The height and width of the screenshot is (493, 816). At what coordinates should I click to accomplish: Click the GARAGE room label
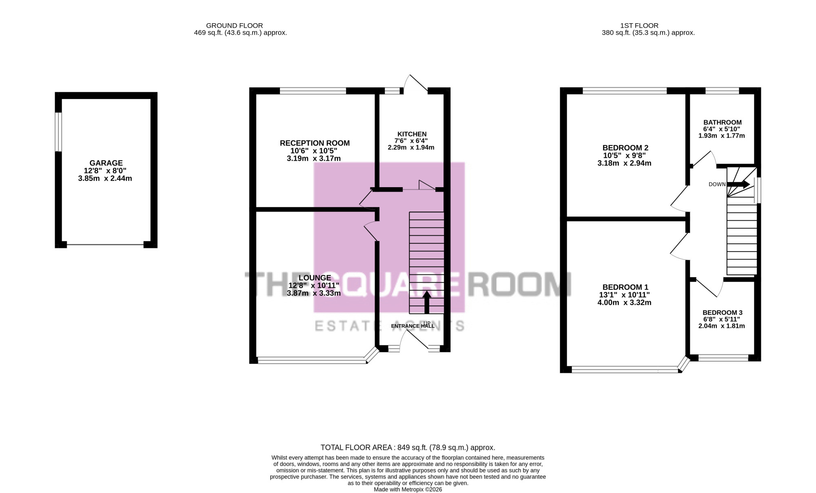(106, 163)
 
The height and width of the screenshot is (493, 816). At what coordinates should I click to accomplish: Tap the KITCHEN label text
(412, 134)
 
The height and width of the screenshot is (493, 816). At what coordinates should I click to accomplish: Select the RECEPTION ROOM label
(315, 143)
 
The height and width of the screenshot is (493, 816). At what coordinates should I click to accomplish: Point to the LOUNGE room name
(315, 278)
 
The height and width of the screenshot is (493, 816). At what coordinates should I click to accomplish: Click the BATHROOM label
(723, 122)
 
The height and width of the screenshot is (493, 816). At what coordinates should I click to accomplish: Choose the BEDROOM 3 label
(723, 313)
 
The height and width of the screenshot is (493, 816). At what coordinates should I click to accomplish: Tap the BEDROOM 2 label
(625, 148)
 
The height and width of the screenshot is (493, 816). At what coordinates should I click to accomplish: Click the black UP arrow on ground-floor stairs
(427, 303)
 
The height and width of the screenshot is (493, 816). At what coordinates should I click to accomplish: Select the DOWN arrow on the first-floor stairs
(738, 184)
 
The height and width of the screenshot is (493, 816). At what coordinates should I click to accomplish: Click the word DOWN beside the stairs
(717, 184)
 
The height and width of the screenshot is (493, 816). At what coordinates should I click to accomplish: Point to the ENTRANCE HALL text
(413, 326)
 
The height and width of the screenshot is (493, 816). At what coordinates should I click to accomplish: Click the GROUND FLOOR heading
(235, 26)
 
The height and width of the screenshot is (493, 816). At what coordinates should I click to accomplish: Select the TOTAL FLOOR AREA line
(408, 447)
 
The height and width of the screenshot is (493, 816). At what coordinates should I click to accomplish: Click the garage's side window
(59, 132)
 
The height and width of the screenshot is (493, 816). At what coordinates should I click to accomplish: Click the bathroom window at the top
(722, 91)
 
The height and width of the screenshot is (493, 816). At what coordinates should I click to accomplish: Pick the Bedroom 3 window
(723, 358)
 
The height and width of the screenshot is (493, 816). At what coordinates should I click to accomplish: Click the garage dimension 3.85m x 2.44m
(105, 179)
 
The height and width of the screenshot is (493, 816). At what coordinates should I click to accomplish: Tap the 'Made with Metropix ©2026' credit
(408, 489)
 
